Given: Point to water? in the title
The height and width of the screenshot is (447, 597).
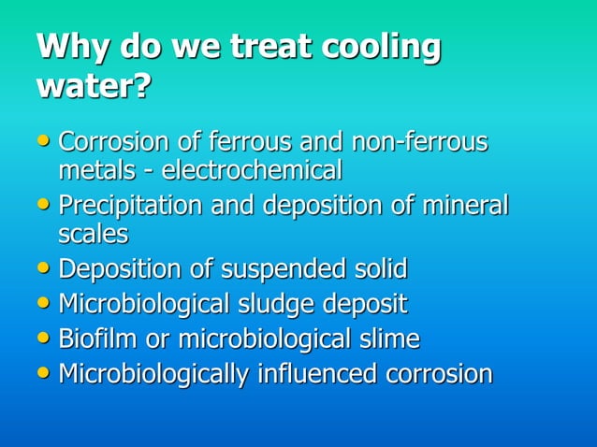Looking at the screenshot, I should (x=94, y=88).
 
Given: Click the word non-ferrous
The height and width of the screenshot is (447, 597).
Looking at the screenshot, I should (x=419, y=143).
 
